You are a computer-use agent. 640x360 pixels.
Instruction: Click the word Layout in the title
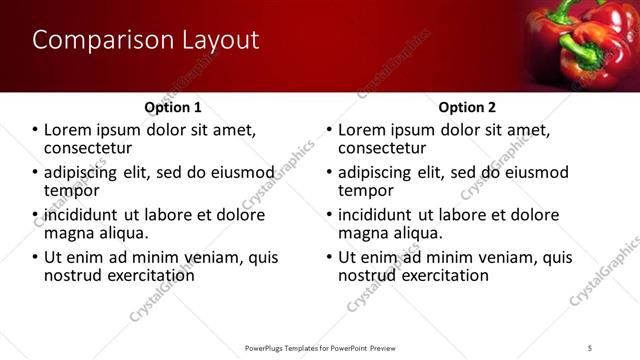(219, 41)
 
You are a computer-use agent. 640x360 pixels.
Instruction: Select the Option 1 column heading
(173, 107)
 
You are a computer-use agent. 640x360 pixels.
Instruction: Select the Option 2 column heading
(467, 107)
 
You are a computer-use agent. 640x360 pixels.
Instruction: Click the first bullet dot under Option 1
(35, 130)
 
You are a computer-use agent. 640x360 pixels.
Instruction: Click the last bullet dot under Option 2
(331, 257)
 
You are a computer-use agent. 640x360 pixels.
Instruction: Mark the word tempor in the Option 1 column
(71, 190)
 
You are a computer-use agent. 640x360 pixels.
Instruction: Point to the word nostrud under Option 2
(369, 275)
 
